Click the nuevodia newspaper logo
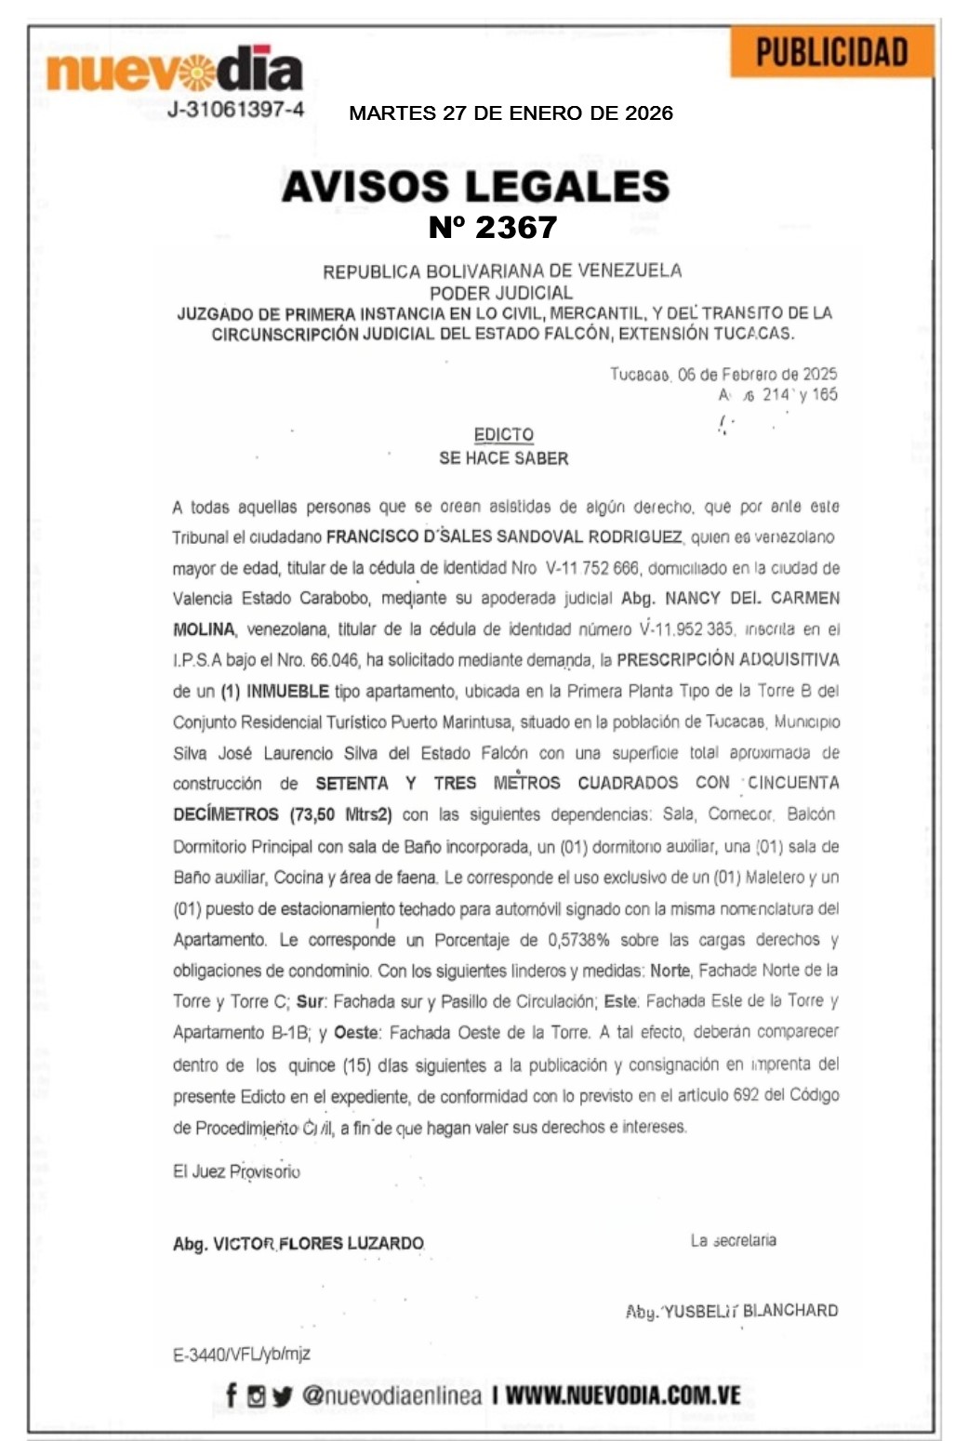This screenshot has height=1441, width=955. pos(174,70)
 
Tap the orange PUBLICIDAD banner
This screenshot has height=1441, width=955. pos(831,53)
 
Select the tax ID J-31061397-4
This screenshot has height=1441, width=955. pos(235,109)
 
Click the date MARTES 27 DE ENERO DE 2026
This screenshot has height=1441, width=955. pos(511,113)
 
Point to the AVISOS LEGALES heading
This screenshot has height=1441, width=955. pos(475,186)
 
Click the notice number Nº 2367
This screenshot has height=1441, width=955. pos(492,227)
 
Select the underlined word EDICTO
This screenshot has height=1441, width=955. pos(503,434)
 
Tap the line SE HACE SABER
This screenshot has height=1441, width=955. pos(503,457)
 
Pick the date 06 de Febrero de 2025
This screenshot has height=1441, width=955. pos(757,374)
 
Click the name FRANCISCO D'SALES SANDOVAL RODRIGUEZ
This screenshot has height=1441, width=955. pos(504,536)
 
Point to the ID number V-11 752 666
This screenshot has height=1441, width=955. pos(592,567)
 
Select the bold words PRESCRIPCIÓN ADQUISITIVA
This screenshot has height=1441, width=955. pos(728,660)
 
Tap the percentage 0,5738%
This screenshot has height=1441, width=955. pos(578,939)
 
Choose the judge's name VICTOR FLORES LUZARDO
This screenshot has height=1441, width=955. pos(318,1243)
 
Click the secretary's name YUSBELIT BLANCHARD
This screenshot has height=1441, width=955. pos(750,1310)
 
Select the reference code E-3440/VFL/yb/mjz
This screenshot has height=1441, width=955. pos(242,1354)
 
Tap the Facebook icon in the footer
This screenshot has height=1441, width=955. pos(232,1395)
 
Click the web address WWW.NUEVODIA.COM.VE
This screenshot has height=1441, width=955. pos(623,1395)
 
